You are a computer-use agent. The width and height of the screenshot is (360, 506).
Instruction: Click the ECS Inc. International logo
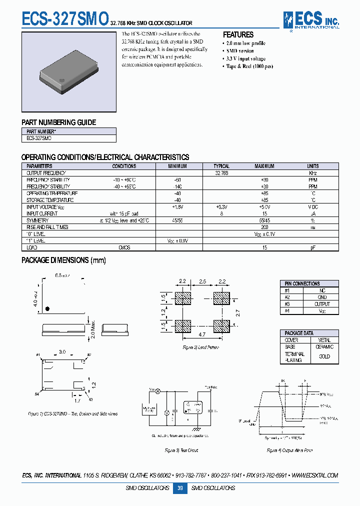(x=311, y=20)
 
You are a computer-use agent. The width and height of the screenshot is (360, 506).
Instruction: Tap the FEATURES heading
(x=238, y=34)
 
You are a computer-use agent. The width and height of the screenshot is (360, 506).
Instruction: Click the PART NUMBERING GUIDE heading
(x=58, y=122)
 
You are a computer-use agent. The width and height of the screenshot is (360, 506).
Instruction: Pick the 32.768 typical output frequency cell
(x=221, y=173)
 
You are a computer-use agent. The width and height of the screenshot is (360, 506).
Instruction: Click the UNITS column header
(x=312, y=166)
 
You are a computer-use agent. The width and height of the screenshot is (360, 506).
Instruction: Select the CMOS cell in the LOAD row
(x=124, y=247)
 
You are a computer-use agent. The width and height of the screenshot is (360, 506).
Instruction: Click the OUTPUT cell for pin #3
(x=322, y=303)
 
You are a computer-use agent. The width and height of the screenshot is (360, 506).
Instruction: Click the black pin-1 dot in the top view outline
(x=47, y=309)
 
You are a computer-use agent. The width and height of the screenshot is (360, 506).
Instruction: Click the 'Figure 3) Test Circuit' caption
(x=181, y=450)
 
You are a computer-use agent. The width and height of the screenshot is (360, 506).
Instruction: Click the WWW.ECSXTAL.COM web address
(x=314, y=475)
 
